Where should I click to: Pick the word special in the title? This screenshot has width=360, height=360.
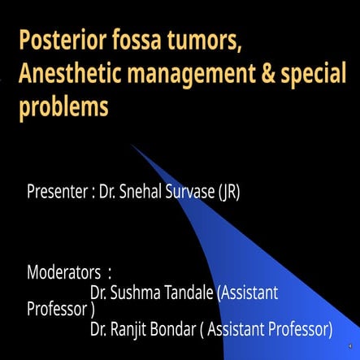[x=309, y=76]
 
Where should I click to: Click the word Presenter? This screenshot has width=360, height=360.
[x=59, y=193]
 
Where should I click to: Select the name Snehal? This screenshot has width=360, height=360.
[x=144, y=193]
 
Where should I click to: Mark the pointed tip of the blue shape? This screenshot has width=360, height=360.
[x=132, y=146]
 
